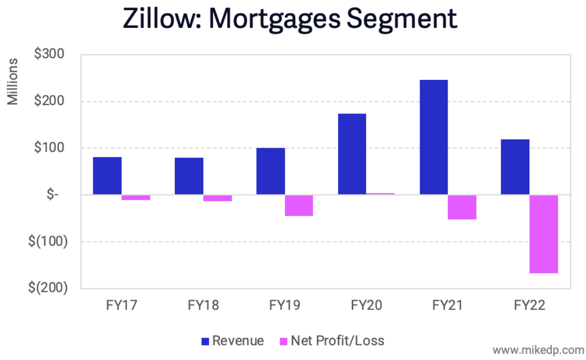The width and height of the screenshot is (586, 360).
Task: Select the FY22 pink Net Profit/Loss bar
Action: coord(544,234)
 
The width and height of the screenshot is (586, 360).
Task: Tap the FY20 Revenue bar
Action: coord(352,154)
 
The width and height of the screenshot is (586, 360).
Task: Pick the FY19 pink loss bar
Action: coord(299,206)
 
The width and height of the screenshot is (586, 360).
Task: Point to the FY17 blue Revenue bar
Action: coord(107,176)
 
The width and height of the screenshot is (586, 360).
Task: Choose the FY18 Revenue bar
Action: coord(189,176)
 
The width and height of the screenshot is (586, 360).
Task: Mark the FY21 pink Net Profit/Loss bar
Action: coord(462,207)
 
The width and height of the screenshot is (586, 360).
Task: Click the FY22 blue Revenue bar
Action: coord(515,167)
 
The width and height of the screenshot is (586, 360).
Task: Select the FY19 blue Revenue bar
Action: coord(271,171)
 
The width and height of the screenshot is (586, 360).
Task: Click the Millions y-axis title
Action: coord(13,81)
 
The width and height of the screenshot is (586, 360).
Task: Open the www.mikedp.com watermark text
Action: coord(538,350)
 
